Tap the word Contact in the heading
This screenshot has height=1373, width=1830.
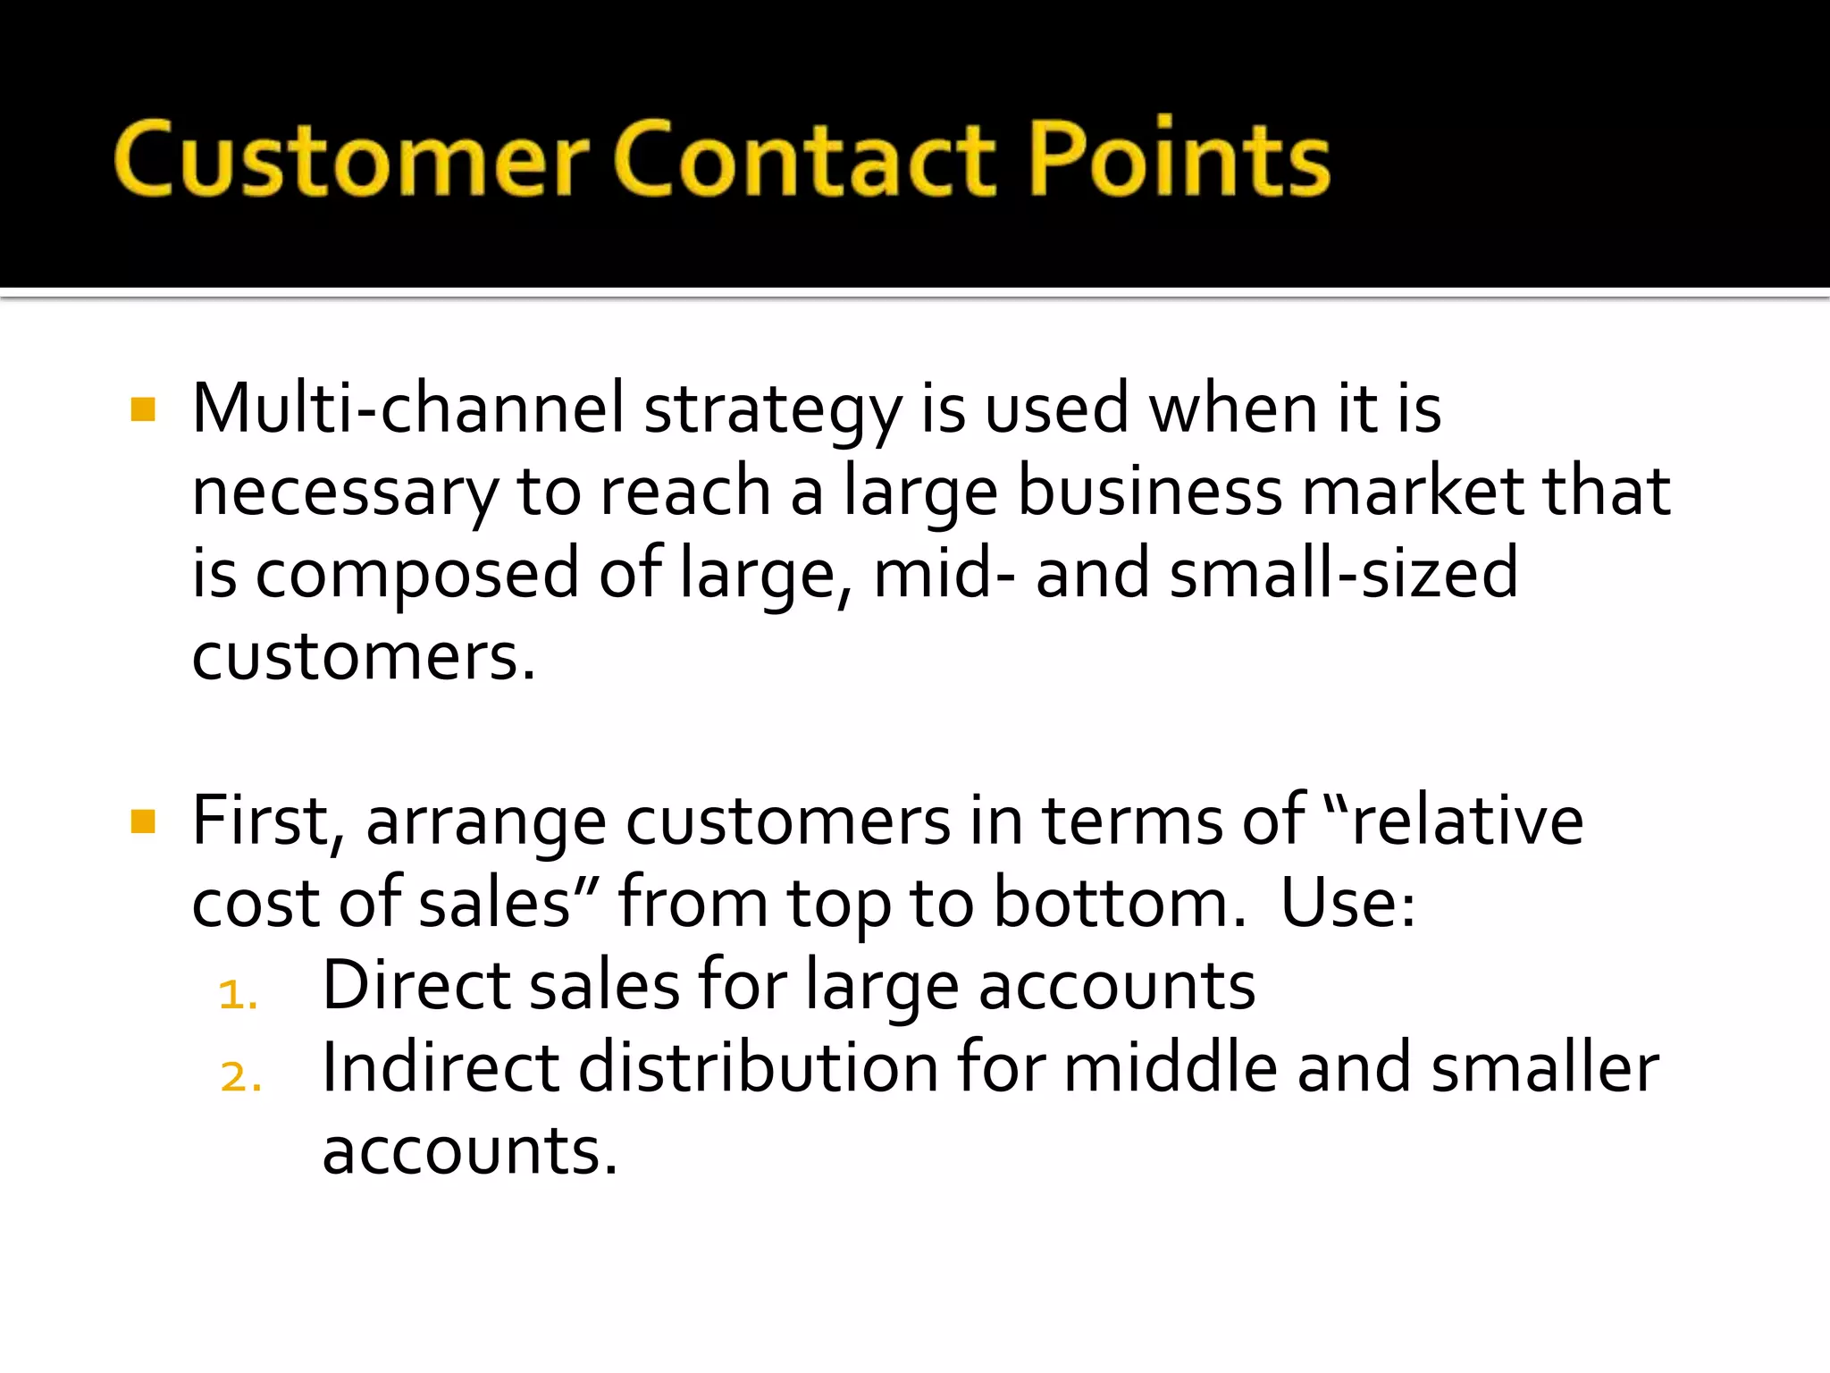point(805,158)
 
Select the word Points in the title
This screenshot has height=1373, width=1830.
point(1180,158)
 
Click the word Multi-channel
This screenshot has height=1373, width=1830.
point(408,409)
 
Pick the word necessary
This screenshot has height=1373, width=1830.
point(344,493)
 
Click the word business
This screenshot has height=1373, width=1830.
point(1150,491)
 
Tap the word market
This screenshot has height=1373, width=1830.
point(1413,491)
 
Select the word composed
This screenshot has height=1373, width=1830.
point(417,575)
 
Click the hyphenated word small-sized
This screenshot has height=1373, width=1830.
point(1344,573)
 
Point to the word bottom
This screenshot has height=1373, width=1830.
point(1119,903)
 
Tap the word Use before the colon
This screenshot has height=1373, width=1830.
point(1346,903)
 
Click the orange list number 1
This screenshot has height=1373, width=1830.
point(238,995)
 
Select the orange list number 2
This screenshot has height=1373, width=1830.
point(240,1077)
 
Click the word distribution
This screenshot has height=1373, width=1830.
point(759,1068)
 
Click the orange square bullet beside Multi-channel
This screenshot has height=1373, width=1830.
point(143,409)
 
